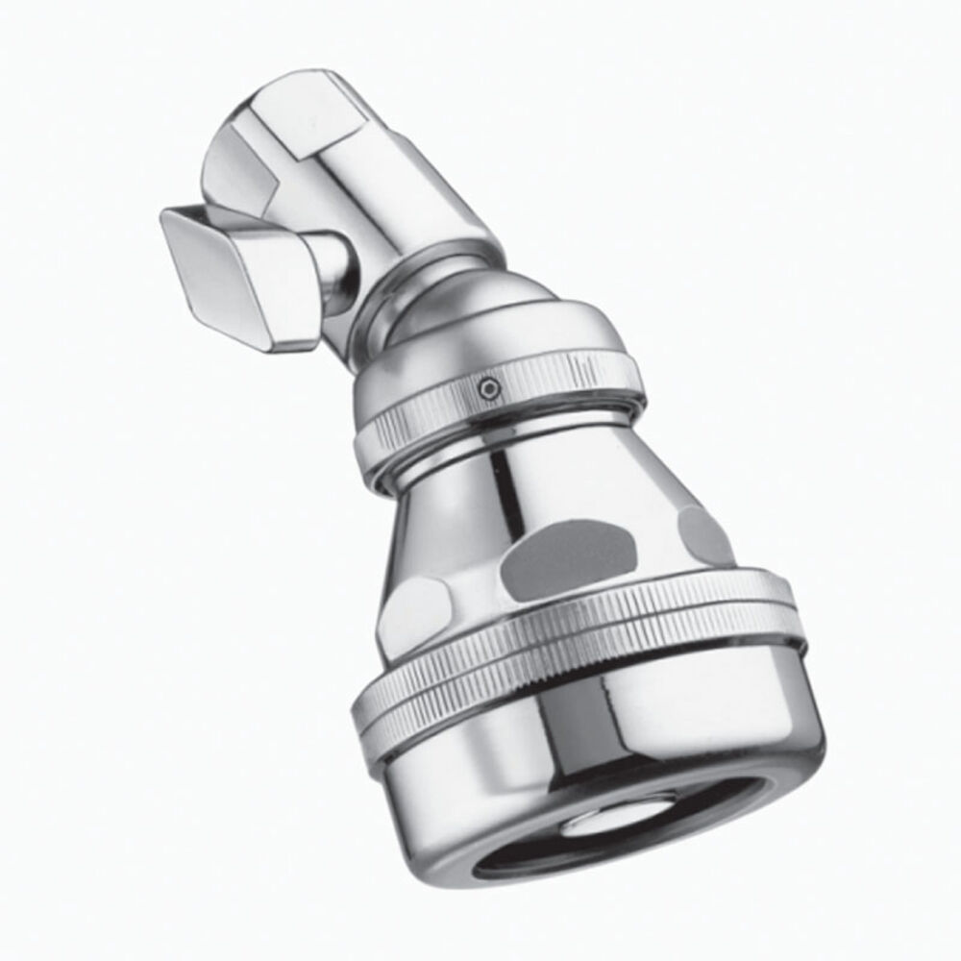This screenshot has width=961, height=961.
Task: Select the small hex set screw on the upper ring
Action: click(491, 387)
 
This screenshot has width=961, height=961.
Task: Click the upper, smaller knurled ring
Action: click(500, 404)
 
